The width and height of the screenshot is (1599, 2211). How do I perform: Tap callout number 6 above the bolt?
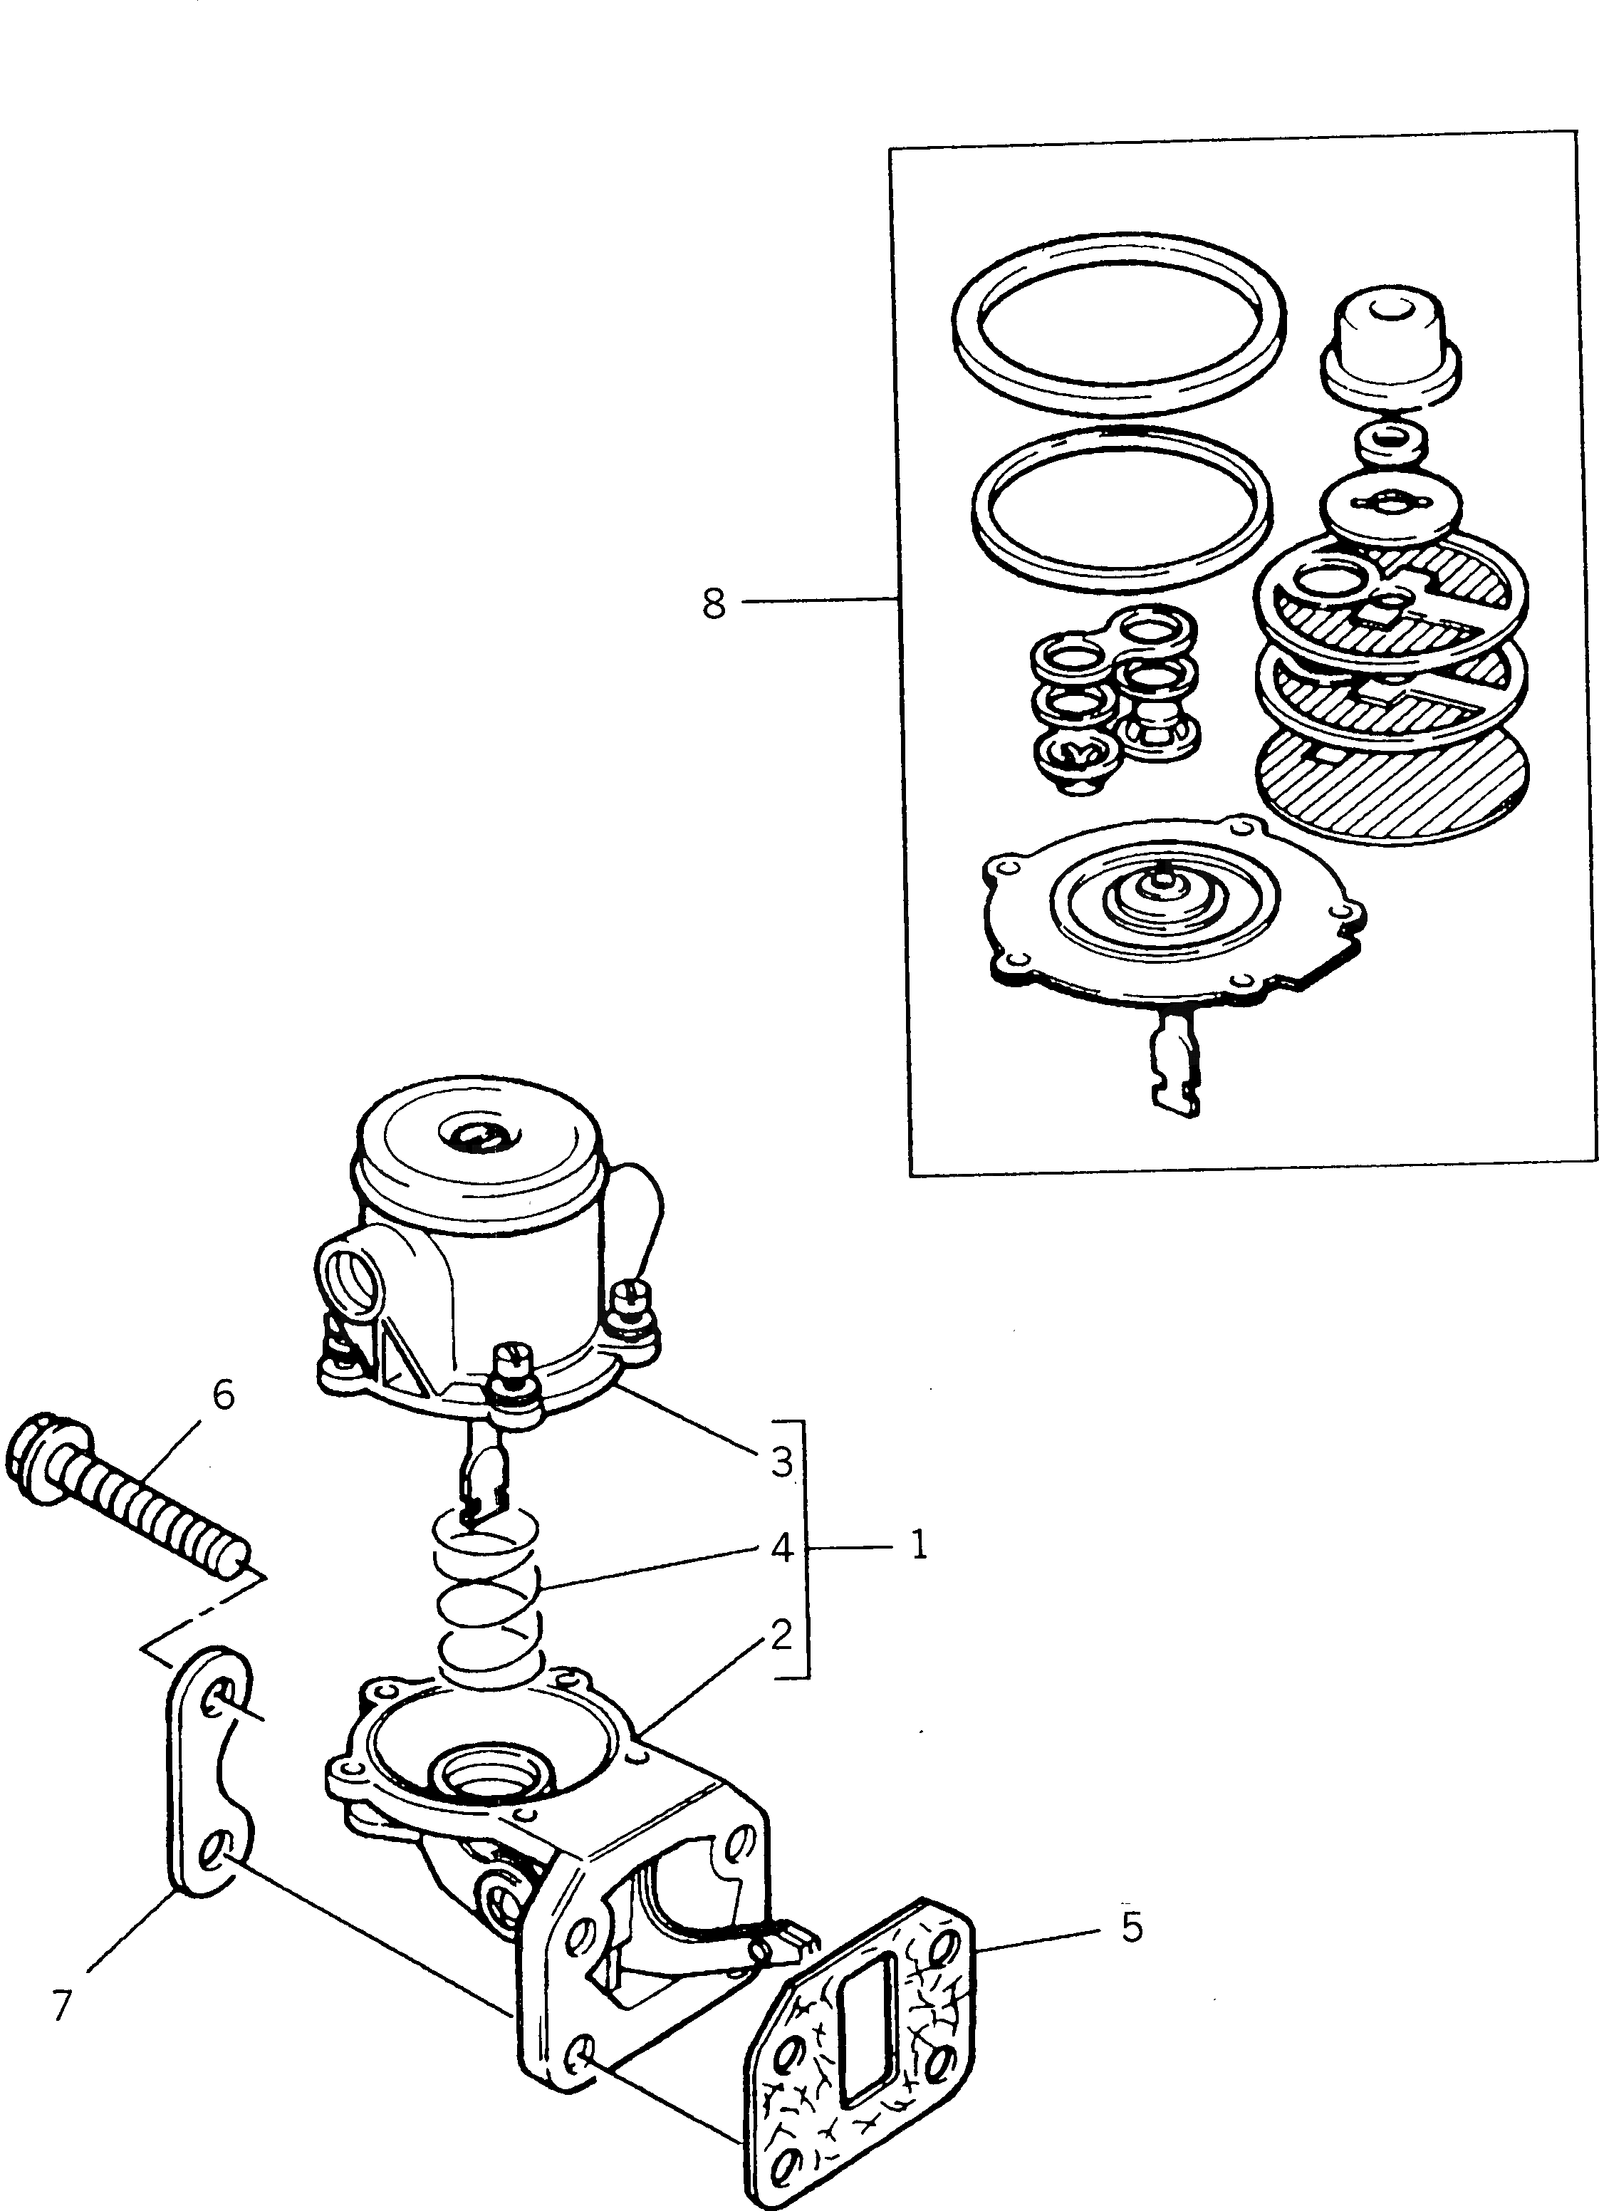[223, 1395]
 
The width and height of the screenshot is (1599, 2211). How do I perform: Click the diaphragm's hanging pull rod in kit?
[1173, 1066]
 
